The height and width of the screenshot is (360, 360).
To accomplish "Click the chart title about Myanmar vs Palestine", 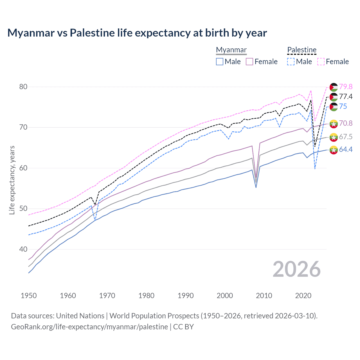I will click(x=137, y=33).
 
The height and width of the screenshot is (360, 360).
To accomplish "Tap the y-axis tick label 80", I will click(x=23, y=87).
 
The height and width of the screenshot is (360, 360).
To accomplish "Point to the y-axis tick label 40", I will click(x=23, y=249).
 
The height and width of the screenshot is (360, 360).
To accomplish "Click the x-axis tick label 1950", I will click(x=29, y=296).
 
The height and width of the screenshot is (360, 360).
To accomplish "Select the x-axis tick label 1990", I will click(x=186, y=296).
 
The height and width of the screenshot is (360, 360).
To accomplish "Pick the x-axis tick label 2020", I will click(x=303, y=296).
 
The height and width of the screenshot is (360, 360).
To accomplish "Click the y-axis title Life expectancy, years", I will click(x=12, y=180).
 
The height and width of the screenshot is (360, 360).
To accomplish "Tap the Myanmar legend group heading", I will click(x=231, y=50).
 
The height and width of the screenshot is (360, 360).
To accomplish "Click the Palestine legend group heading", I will click(x=302, y=50).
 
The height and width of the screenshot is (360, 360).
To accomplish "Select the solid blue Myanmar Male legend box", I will click(x=220, y=62).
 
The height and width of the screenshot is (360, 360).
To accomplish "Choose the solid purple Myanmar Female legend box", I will click(x=249, y=62).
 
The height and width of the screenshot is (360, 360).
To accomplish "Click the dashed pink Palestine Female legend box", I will click(x=321, y=62).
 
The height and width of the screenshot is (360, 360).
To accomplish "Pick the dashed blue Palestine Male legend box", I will click(x=291, y=62).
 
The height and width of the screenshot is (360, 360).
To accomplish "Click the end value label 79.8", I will click(x=346, y=87).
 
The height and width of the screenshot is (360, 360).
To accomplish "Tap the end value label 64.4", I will click(x=346, y=149).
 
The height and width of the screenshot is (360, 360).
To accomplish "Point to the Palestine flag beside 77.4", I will click(x=334, y=97).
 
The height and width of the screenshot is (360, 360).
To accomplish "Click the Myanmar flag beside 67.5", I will click(x=334, y=137).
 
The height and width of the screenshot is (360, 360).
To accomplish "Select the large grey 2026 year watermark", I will click(x=297, y=269).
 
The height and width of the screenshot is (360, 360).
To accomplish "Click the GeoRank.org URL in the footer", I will click(x=89, y=327).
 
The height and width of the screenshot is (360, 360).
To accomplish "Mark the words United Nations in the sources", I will click(x=80, y=316).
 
